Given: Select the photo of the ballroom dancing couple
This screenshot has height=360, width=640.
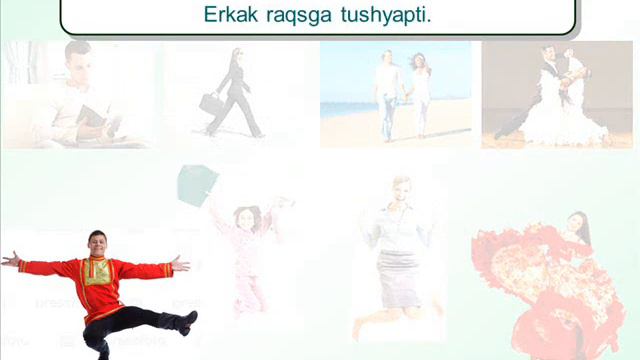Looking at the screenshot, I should [556, 95].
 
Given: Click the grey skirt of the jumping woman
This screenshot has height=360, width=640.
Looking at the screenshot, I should [399, 277].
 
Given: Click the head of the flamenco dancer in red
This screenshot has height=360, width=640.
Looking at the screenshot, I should [576, 220].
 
